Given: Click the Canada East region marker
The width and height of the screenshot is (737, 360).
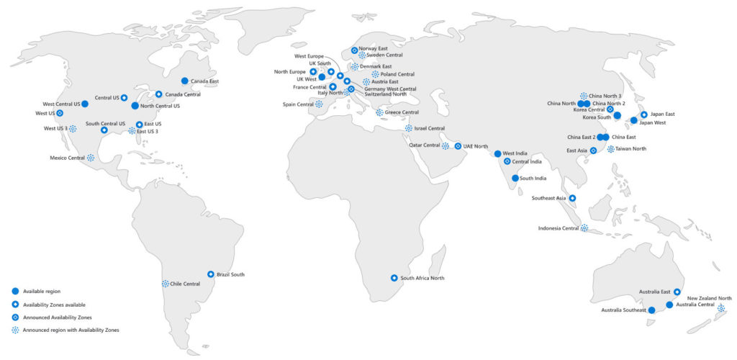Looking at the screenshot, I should pyautogui.click(x=185, y=81).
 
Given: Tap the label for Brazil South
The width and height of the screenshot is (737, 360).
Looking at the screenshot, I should pyautogui.click(x=230, y=274).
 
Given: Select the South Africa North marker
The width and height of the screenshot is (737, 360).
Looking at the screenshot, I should pyautogui.click(x=394, y=278).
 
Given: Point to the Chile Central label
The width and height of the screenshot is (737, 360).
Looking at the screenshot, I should pyautogui.click(x=185, y=284).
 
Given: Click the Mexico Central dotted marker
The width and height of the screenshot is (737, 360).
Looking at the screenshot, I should pyautogui.click(x=91, y=158).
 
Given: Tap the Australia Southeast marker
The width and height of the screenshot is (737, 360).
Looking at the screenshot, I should pyautogui.click(x=651, y=310).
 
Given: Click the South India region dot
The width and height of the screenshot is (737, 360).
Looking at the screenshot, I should pyautogui.click(x=515, y=178).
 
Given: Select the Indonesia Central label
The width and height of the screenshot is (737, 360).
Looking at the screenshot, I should pyautogui.click(x=559, y=228).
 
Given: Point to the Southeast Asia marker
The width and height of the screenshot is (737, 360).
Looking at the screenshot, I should pyautogui.click(x=572, y=198).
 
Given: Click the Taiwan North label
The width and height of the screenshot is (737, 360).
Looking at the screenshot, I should pyautogui.click(x=630, y=149).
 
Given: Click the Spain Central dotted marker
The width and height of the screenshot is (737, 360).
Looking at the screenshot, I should pyautogui.click(x=319, y=104).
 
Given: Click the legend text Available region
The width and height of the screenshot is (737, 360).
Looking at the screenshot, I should pyautogui.click(x=42, y=291).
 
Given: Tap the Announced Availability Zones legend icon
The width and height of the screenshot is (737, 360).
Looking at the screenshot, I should pyautogui.click(x=14, y=317).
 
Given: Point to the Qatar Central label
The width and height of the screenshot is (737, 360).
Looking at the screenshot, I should pyautogui.click(x=425, y=145).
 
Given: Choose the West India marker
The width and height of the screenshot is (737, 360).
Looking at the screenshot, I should pyautogui.click(x=497, y=153).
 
